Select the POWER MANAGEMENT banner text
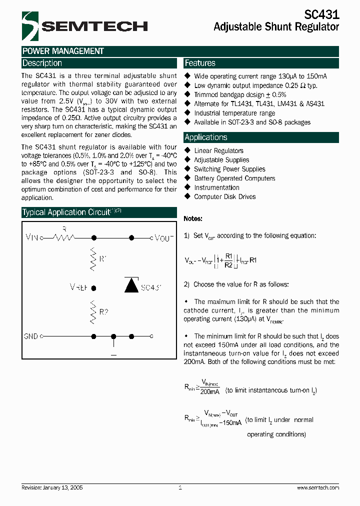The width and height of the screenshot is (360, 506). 63,51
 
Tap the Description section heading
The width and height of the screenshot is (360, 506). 42,63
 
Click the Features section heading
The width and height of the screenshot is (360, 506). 200,63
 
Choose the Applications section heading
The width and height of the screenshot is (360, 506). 206,137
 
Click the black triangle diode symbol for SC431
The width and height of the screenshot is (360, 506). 131,285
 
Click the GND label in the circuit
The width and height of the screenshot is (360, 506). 31,336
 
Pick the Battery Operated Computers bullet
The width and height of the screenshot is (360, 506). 234,178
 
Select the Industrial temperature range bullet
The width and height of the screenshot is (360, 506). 234,113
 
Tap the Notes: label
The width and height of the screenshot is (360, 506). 193,219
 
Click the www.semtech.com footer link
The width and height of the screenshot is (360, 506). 317,487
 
